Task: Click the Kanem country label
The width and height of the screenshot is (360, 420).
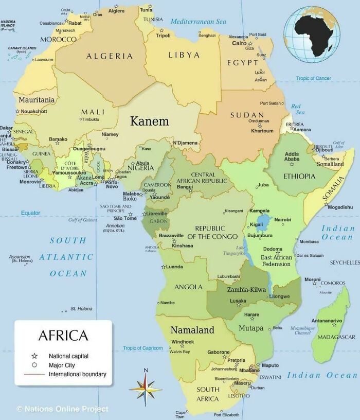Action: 149,121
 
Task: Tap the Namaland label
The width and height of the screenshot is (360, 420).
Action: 192,330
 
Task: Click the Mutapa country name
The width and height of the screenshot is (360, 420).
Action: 251,328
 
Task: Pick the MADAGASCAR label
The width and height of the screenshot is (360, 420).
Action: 337,337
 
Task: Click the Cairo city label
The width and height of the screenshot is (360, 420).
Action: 239,43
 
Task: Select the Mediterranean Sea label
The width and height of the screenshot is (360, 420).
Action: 198,22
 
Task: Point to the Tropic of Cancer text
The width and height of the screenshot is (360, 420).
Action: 314,78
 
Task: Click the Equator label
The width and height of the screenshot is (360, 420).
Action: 30,213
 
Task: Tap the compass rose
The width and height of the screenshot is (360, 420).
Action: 146,388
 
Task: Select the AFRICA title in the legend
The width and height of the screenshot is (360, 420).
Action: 63,336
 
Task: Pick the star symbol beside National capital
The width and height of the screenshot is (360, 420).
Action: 34,356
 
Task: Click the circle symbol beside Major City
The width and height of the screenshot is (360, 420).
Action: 34,365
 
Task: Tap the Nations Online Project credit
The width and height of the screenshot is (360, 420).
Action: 62,409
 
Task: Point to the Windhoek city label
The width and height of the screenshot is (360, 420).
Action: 183,342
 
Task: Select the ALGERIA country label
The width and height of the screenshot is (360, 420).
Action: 109,56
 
